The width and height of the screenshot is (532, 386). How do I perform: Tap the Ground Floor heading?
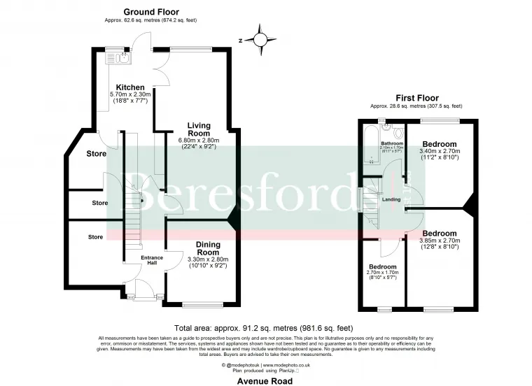pos(150,12)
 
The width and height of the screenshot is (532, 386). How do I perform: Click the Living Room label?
pos(198,129)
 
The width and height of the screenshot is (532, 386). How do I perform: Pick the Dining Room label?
pos(208,248)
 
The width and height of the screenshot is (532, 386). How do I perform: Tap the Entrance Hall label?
pos(152,260)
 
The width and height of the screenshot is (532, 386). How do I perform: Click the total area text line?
pos(266,328)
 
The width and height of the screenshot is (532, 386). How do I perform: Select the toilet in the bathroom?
pos(398,133)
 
